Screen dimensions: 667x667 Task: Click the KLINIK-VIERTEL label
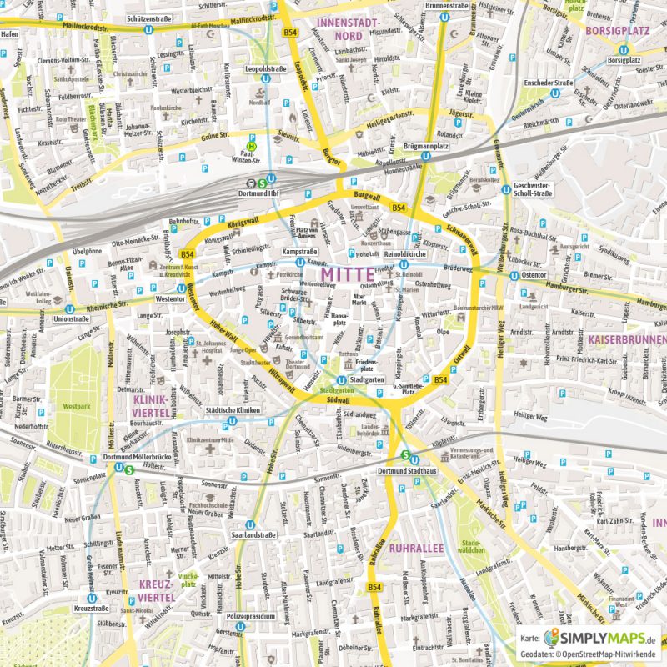pos(151,406)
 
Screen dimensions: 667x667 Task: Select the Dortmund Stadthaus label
pos(407,472)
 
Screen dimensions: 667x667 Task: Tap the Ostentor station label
pos(534,274)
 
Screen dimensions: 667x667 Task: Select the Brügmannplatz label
pos(425,146)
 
